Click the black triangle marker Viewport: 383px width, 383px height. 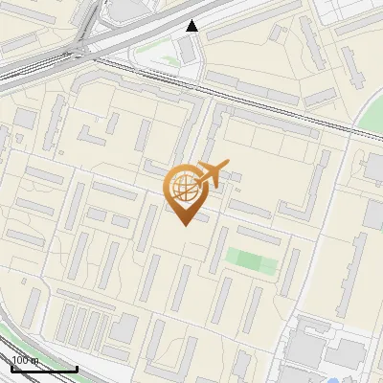click(192, 26)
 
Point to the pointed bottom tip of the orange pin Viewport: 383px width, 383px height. click(183, 224)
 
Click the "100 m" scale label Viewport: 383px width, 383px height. click(26, 360)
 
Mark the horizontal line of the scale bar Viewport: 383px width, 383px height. click(44, 369)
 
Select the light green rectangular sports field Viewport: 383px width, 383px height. click(251, 260)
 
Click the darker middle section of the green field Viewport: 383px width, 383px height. click(249, 260)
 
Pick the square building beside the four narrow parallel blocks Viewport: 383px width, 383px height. click(124, 327)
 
